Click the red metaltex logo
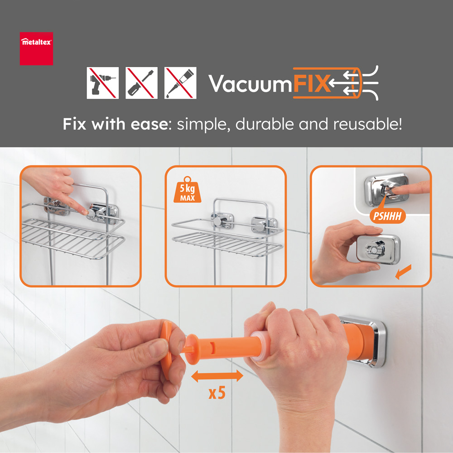[x=36, y=48]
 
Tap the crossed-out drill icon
[x=102, y=83]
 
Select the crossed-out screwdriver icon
[x=141, y=83]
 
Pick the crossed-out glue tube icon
[x=180, y=83]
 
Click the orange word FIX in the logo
[x=312, y=83]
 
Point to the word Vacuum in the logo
[x=250, y=84]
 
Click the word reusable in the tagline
[x=367, y=124]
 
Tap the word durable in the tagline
[x=265, y=124]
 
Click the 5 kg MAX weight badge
[x=187, y=190]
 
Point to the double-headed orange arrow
[x=217, y=376]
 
